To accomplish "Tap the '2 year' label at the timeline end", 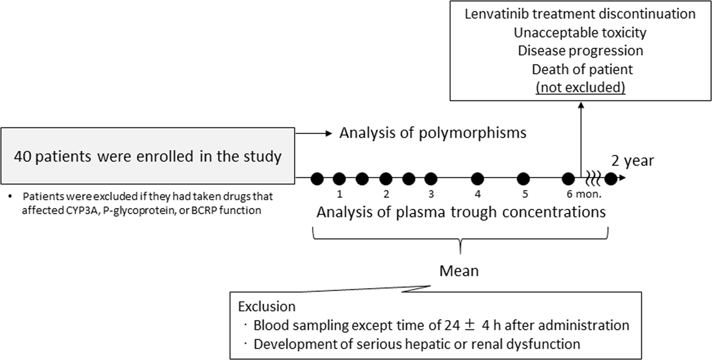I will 633,160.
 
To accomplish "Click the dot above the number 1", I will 339,178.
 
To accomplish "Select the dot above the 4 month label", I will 477,178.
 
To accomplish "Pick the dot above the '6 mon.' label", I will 568,178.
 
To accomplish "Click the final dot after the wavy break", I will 610,178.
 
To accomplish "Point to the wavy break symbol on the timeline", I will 592,178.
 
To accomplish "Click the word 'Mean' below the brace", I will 459,270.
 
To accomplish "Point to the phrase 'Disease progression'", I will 580,50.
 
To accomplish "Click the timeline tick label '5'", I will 523,193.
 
